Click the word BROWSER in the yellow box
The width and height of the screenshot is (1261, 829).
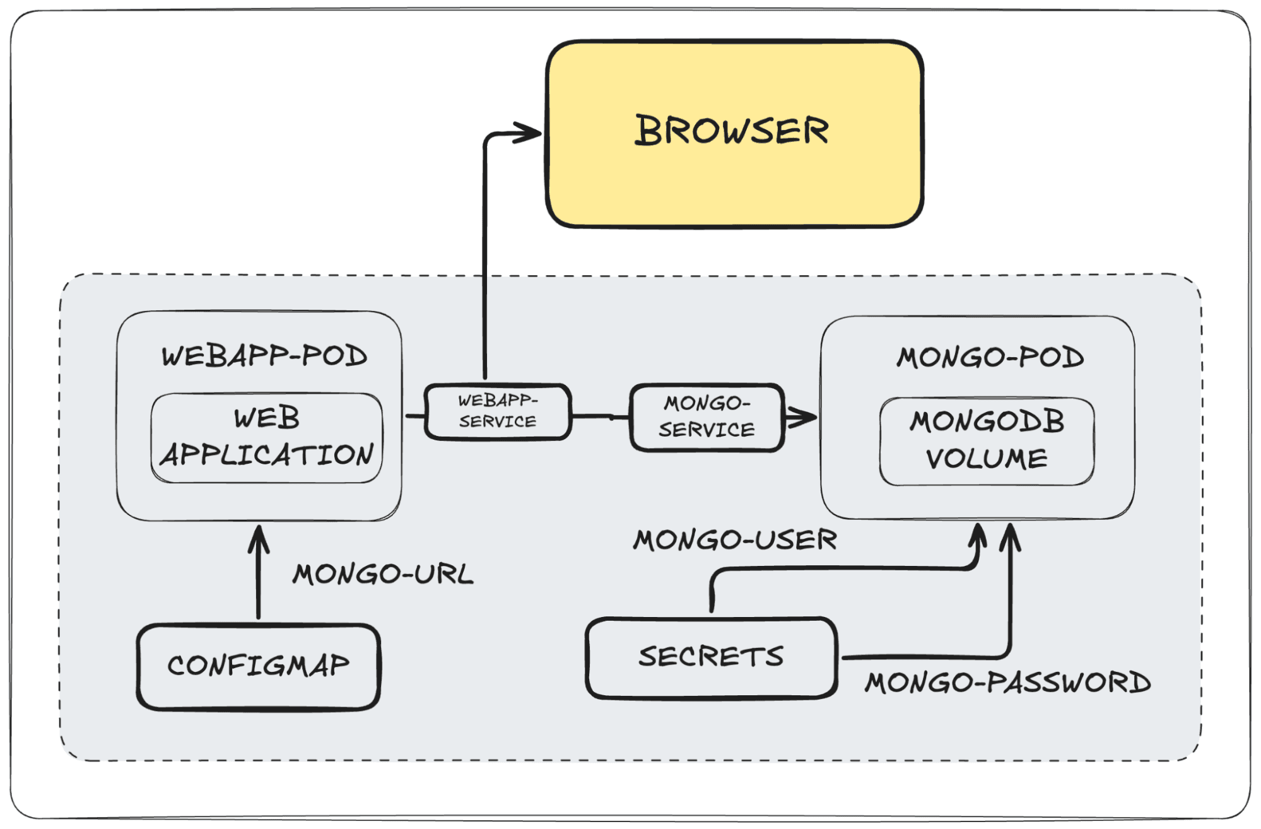731,131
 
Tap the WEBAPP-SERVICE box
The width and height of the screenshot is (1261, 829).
498,411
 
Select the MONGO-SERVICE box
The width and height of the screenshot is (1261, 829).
706,417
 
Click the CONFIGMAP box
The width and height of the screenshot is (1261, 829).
258,666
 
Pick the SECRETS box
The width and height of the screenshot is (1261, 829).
711,657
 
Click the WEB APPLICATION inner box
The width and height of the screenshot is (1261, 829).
266,437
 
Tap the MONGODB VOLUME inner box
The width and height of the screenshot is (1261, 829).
987,440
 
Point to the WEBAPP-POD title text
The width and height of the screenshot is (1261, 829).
264,356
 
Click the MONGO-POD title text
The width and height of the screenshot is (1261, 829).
990,358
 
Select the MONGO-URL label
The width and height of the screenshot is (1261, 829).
383,574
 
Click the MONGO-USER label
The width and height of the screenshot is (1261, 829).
735,540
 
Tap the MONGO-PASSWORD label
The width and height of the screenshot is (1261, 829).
1007,683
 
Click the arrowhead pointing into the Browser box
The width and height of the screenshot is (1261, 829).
530,132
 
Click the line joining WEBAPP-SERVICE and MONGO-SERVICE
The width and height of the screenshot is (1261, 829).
601,416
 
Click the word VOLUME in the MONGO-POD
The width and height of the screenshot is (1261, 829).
987,459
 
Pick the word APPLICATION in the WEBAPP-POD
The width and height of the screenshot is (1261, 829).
266,455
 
